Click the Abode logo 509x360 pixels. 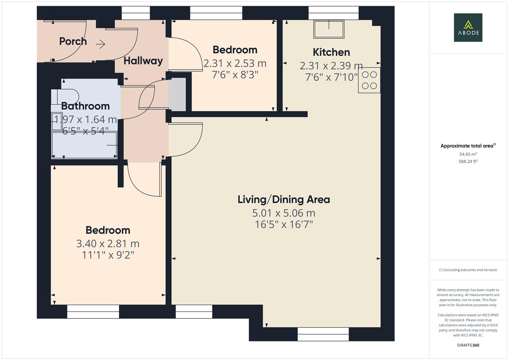(468, 27)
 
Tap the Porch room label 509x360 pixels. (73, 41)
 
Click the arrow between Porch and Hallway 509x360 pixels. (101, 44)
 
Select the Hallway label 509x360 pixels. (143, 61)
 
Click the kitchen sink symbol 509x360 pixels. (329, 29)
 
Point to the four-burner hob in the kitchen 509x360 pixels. (369, 80)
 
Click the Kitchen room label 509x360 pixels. (331, 52)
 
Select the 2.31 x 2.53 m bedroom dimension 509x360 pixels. (235, 63)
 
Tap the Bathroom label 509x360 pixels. (85, 106)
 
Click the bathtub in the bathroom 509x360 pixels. (84, 145)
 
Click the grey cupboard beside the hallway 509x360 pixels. (178, 94)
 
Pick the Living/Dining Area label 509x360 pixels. (284, 200)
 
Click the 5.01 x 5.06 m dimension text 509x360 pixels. (284, 213)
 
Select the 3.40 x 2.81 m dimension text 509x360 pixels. (108, 244)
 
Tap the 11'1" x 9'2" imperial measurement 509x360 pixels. (108, 255)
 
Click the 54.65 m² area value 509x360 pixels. (468, 154)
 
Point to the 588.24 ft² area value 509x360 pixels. (468, 161)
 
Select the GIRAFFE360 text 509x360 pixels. (468, 345)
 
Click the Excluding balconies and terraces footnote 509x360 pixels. (468, 270)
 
